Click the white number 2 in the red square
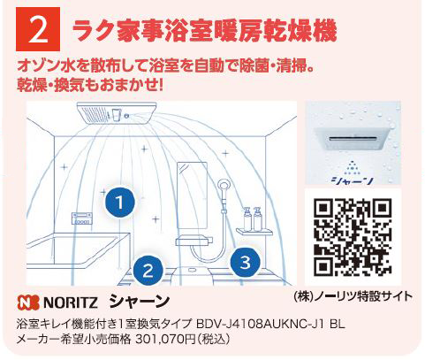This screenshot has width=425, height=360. (38, 30)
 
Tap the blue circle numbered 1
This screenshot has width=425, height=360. (120, 203)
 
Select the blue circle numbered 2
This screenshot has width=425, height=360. (148, 271)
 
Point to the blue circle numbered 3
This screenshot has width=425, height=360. (245, 262)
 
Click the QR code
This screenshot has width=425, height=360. (353, 237)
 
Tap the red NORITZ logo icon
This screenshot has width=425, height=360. (28, 303)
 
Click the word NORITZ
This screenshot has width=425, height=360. (71, 303)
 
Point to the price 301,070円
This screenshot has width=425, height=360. (165, 340)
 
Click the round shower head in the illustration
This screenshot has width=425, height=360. (224, 186)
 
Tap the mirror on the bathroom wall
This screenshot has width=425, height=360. (192, 195)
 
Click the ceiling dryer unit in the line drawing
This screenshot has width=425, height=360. (117, 112)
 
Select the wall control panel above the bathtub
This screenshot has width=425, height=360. (82, 218)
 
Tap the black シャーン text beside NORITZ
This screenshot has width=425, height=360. (140, 302)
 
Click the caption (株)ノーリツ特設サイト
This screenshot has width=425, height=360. (353, 296)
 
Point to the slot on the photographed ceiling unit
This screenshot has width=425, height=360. (353, 138)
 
